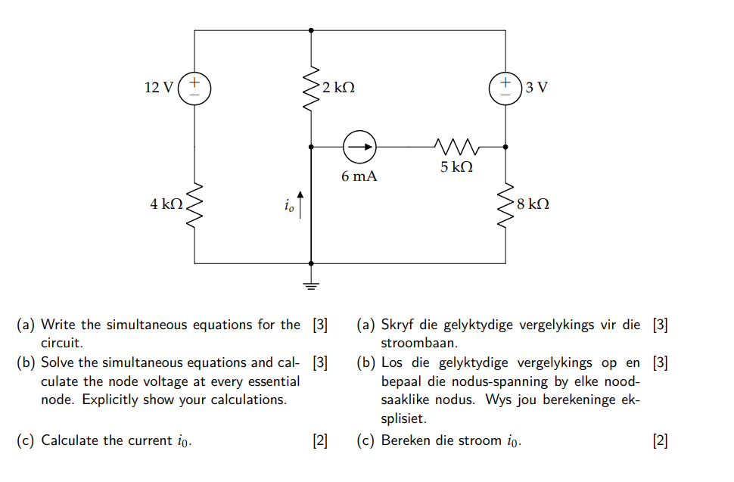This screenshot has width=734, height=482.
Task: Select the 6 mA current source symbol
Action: tap(359, 147)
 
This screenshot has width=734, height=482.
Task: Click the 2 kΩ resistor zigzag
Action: tap(311, 89)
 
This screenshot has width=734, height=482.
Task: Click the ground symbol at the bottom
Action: tap(311, 285)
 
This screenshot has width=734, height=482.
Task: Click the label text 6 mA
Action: tap(359, 177)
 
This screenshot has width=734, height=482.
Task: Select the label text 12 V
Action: tap(158, 87)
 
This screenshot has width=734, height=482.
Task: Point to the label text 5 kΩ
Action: tap(456, 167)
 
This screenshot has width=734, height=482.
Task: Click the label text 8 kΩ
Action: tap(533, 204)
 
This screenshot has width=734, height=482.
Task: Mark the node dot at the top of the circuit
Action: tap(311, 30)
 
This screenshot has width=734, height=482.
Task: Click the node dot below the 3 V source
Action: tap(505, 147)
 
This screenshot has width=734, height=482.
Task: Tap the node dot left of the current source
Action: tap(311, 147)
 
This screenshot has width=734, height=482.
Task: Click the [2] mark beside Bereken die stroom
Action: tap(660, 440)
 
